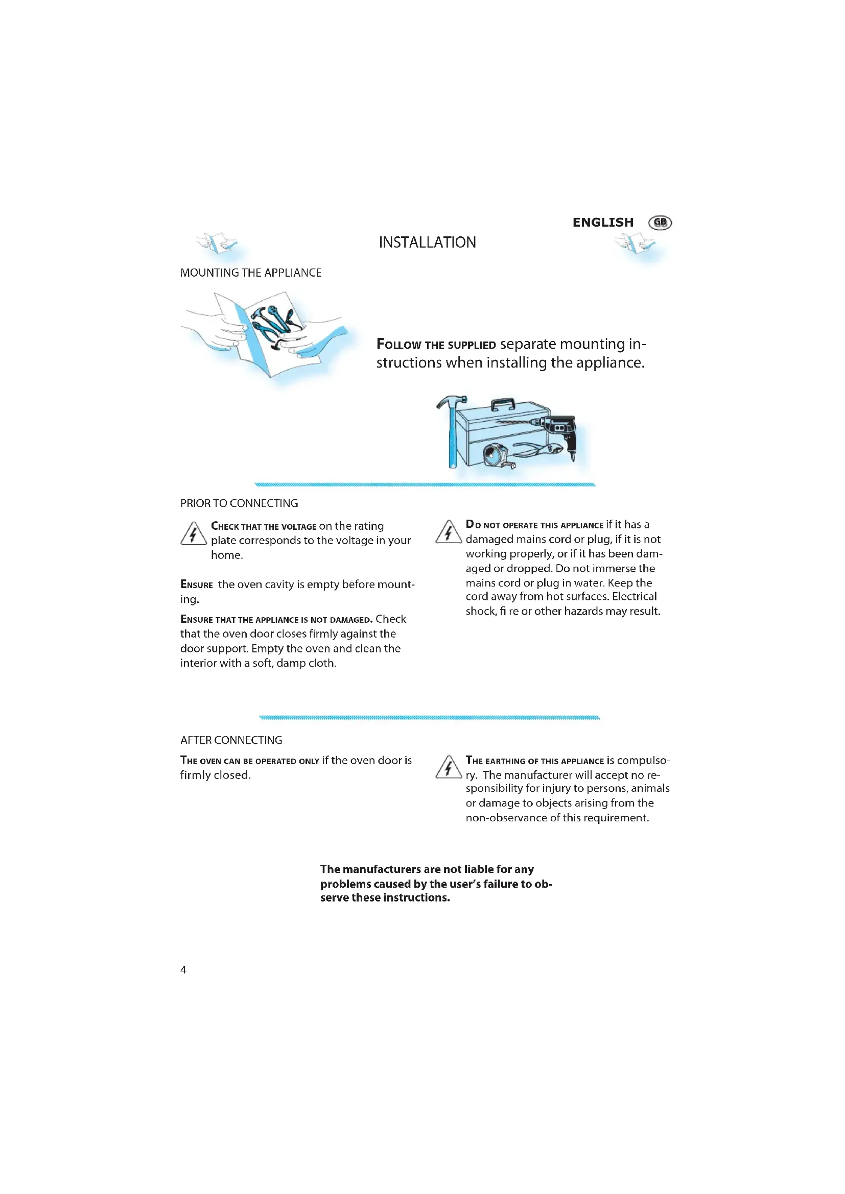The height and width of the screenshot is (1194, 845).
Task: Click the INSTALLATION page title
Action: (427, 242)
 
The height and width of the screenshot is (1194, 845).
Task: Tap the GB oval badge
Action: (660, 223)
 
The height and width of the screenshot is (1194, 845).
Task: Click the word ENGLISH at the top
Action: (602, 223)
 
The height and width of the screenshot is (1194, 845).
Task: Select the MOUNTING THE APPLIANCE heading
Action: (250, 273)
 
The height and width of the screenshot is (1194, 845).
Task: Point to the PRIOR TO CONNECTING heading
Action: (239, 503)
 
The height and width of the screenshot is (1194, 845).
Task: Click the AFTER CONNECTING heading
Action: (231, 740)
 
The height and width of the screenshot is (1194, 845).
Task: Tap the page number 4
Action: (183, 969)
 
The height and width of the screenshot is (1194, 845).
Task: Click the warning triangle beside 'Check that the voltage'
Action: (193, 534)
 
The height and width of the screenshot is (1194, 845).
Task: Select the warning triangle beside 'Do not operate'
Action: (448, 532)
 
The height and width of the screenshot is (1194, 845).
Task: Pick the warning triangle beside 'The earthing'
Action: (448, 768)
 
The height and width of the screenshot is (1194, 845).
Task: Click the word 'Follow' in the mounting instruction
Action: (398, 345)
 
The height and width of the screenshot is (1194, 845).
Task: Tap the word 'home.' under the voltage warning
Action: (227, 555)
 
